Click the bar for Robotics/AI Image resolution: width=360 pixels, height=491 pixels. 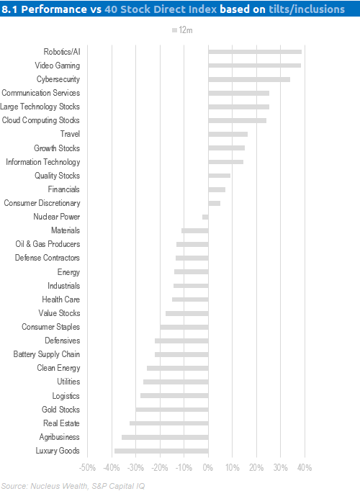(255, 52)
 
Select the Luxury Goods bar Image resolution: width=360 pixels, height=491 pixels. (161, 451)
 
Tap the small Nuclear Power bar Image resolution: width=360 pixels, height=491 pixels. (205, 217)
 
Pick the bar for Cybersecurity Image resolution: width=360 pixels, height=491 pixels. (249, 79)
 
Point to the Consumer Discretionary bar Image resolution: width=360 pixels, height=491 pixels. (215, 203)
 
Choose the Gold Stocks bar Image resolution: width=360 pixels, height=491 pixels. (172, 410)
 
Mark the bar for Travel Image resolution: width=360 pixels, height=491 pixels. (228, 135)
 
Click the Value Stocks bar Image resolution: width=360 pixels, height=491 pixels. (187, 313)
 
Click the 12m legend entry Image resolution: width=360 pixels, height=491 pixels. (182, 30)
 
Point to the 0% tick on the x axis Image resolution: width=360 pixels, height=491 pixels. (208, 468)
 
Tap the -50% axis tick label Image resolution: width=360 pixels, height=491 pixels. (87, 468)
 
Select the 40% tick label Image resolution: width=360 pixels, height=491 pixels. (305, 468)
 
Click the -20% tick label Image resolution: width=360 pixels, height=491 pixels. (160, 468)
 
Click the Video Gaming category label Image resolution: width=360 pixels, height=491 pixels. (58, 66)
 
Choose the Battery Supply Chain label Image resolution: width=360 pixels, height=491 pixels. (47, 354)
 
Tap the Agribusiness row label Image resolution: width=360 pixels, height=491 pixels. (60, 437)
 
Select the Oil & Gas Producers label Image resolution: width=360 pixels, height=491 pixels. (48, 244)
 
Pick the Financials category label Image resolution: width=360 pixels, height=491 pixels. (64, 189)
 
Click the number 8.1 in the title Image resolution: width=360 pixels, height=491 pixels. (9, 9)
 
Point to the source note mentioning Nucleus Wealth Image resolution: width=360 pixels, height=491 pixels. (73, 486)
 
